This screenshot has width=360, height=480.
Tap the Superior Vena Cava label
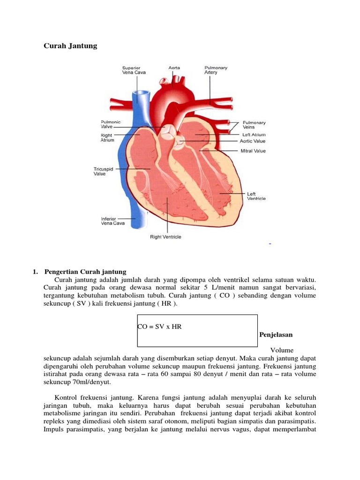[132, 70]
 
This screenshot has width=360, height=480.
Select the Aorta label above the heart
[174, 67]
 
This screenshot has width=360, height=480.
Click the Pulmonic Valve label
[111, 124]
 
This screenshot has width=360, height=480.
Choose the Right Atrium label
[107, 137]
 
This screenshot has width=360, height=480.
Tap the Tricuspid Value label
[104, 171]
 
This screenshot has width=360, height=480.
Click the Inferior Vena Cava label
[112, 221]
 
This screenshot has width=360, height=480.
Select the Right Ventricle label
[165, 237]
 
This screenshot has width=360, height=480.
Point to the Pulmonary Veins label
[254, 124]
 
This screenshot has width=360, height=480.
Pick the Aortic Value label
[252, 141]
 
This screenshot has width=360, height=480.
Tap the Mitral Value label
[253, 151]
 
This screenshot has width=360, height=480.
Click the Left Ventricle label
[256, 196]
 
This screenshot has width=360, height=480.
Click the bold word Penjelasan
[276, 335]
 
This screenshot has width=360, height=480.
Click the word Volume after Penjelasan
[282, 350]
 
